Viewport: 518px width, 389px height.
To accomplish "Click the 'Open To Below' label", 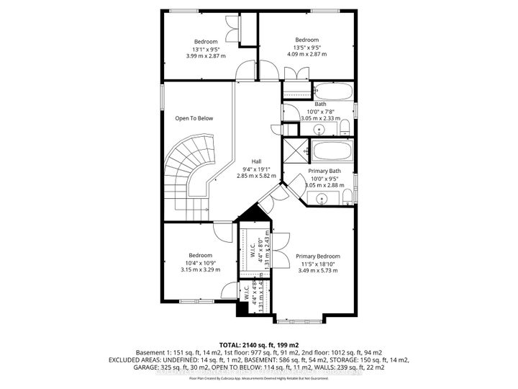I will (194, 118).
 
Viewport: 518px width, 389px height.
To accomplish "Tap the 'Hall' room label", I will (257, 161).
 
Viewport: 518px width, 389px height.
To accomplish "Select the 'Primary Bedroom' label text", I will (317, 256).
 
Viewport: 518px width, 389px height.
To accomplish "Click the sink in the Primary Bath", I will (323, 198).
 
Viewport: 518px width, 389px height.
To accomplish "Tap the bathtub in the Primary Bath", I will (332, 153).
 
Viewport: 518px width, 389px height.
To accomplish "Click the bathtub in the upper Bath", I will (332, 91).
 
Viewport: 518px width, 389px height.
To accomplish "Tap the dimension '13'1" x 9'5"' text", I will (206, 48).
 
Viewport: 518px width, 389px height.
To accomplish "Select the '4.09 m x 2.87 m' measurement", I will (306, 54).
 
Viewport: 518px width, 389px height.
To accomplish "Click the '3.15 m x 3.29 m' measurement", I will (200, 269).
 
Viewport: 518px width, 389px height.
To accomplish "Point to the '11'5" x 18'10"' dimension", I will (317, 264).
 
